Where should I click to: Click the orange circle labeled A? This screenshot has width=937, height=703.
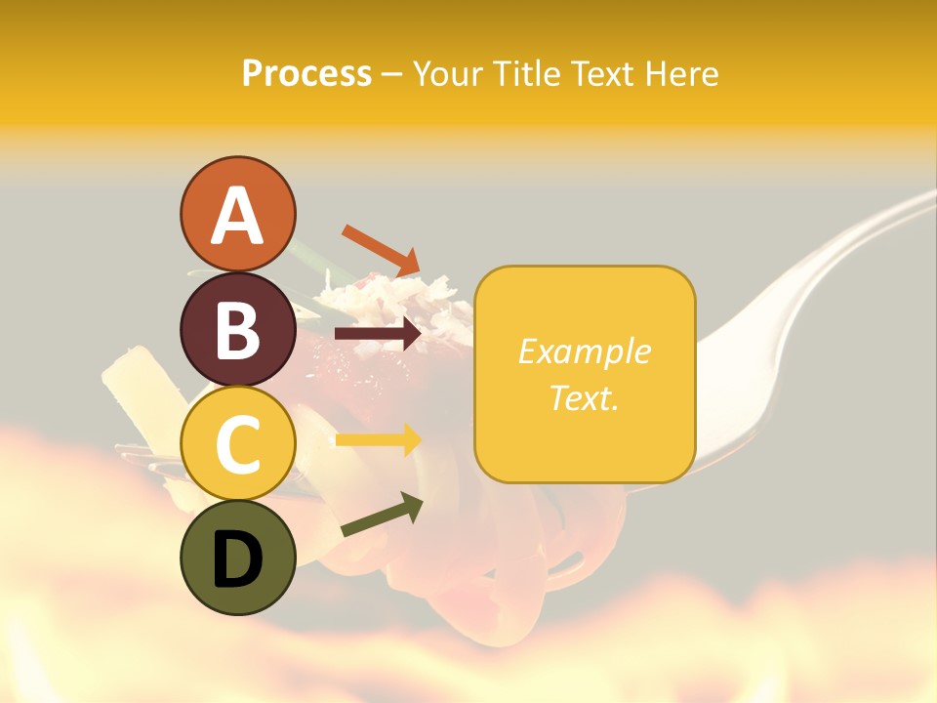click(237, 214)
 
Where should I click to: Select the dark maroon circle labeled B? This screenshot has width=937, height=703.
click(237, 329)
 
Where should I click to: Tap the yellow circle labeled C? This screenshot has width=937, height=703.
click(237, 443)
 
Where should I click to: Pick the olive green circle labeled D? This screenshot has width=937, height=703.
click(237, 558)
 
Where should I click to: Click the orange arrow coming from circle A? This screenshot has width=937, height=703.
click(380, 250)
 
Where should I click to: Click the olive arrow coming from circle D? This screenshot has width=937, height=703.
click(382, 516)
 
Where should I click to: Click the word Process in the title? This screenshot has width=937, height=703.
click(306, 73)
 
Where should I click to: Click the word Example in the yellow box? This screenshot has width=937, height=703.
click(584, 351)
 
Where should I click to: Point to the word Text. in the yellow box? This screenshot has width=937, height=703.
click(584, 397)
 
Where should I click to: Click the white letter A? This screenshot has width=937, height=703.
click(237, 216)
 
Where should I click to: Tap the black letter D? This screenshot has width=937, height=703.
click(237, 559)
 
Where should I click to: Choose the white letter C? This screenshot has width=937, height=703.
click(237, 445)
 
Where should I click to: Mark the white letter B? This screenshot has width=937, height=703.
click(237, 331)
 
